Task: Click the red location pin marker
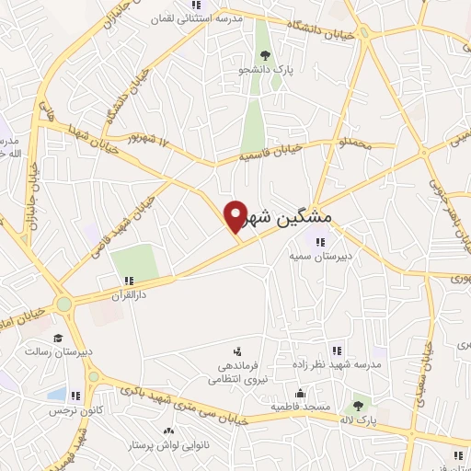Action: point(235,215)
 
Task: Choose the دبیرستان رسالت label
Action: point(54,350)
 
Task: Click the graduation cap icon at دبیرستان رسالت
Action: point(58,337)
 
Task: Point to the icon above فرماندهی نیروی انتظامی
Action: point(237,351)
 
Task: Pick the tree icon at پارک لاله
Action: point(358,404)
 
